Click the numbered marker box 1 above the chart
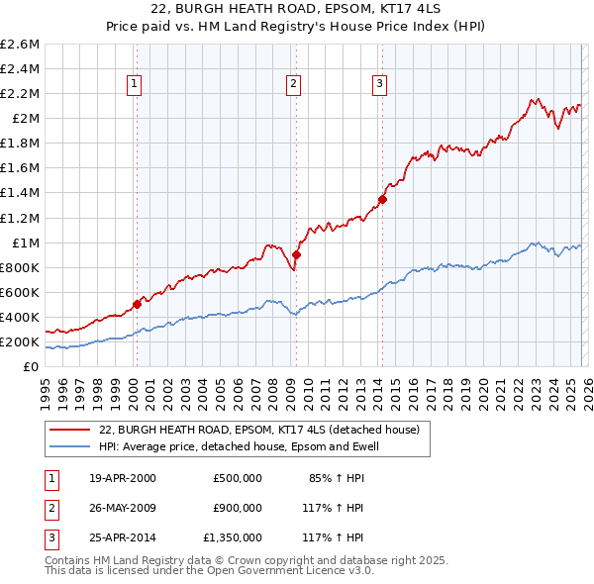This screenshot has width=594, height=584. (x=134, y=85)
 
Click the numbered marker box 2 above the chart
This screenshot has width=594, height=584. (x=294, y=85)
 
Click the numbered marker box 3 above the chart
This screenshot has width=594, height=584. (x=379, y=85)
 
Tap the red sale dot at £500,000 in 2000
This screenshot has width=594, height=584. (x=138, y=304)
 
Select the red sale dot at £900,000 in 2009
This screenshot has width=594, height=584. (x=296, y=254)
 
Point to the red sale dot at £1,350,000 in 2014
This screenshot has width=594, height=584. (x=382, y=199)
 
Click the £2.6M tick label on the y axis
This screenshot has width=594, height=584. (x=20, y=45)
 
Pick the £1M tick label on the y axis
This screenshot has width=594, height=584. (x=24, y=243)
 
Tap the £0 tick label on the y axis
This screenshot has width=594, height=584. (x=31, y=367)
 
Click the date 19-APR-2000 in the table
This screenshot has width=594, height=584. (x=121, y=479)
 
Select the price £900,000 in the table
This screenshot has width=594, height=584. (x=238, y=508)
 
